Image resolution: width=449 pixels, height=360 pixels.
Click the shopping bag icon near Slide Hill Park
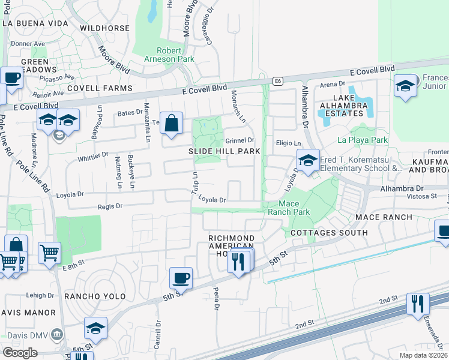[x=172, y=123]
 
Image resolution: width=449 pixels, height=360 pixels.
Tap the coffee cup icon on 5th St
[x=181, y=278]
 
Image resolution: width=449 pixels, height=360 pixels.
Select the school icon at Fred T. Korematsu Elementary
[x=308, y=161]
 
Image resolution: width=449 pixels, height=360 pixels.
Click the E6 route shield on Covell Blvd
[x=277, y=81]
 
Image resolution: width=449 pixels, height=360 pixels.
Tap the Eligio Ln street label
[x=288, y=143]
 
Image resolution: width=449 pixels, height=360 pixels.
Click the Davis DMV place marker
[x=58, y=334]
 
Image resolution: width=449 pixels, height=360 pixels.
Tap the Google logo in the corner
[x=20, y=352]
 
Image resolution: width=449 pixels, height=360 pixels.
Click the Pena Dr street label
[x=215, y=299]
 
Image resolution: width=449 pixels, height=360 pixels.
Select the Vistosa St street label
[x=424, y=196]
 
